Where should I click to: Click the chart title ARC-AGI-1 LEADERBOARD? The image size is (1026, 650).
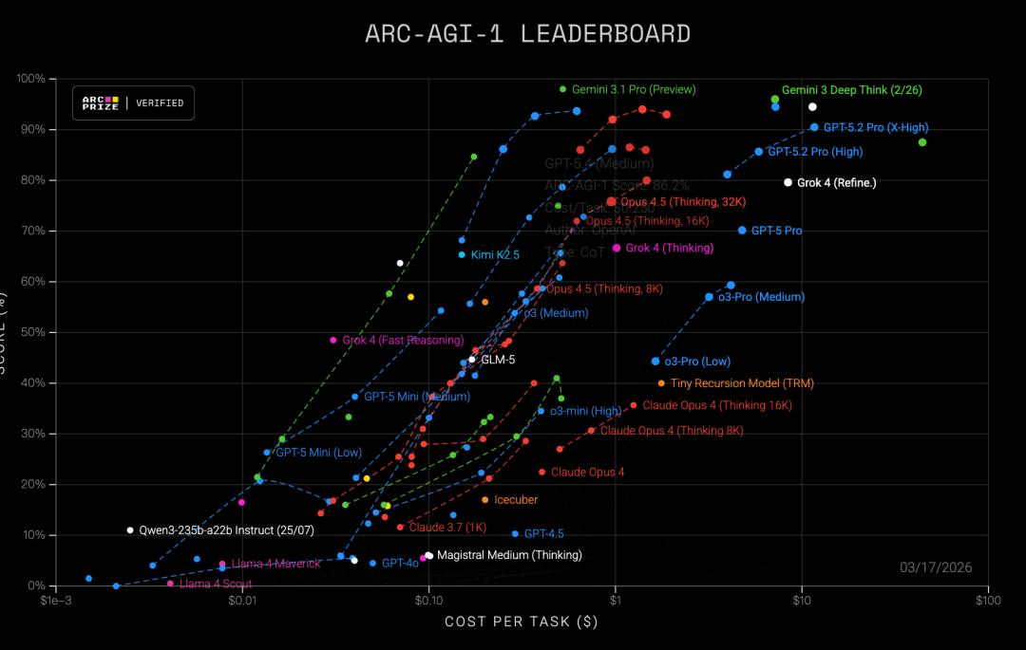tap(527, 34)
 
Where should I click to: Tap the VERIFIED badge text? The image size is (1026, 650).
tap(160, 102)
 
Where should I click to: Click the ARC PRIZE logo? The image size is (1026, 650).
tap(101, 102)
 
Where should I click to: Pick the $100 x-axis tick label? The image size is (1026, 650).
tap(987, 601)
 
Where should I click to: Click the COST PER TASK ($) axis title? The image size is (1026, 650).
tap(522, 622)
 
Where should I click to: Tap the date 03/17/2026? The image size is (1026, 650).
tap(936, 567)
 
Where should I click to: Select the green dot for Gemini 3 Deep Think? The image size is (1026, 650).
tap(775, 99)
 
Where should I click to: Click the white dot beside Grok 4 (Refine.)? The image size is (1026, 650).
tap(788, 182)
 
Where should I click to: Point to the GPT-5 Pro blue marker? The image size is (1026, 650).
tap(742, 231)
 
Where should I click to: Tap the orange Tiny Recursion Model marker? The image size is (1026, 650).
tap(661, 383)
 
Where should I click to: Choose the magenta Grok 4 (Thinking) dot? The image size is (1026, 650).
tap(617, 248)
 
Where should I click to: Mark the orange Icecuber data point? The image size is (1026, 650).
tap(485, 499)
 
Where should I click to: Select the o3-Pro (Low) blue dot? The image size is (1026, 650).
tap(655, 362)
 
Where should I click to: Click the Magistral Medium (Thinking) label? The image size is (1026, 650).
tap(509, 555)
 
